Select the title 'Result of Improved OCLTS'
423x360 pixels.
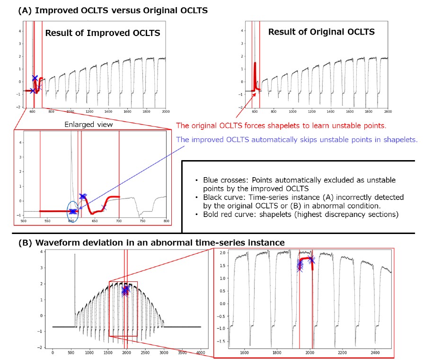tap(102, 33)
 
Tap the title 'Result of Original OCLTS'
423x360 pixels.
tap(321, 32)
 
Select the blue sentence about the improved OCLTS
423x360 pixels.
tap(297, 140)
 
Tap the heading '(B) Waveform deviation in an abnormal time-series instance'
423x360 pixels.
tap(151, 243)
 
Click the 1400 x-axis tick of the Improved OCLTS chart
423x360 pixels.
tap(108, 112)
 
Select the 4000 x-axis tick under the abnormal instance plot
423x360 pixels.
tap(201, 352)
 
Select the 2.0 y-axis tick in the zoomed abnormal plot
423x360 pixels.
tap(221, 253)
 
